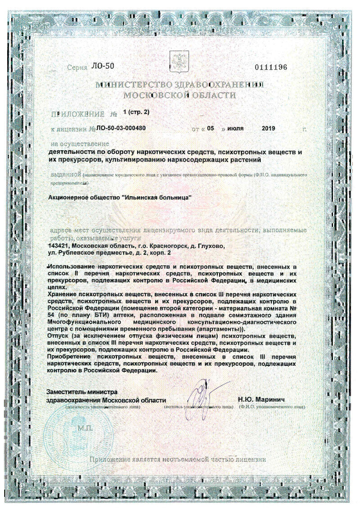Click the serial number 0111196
tap(270, 68)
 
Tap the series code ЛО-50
tap(103, 66)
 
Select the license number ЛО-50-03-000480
tap(118, 128)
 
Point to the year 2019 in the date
tap(268, 128)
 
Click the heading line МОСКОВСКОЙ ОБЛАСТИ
tap(179, 95)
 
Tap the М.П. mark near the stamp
tap(85, 427)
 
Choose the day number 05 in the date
tap(211, 128)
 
